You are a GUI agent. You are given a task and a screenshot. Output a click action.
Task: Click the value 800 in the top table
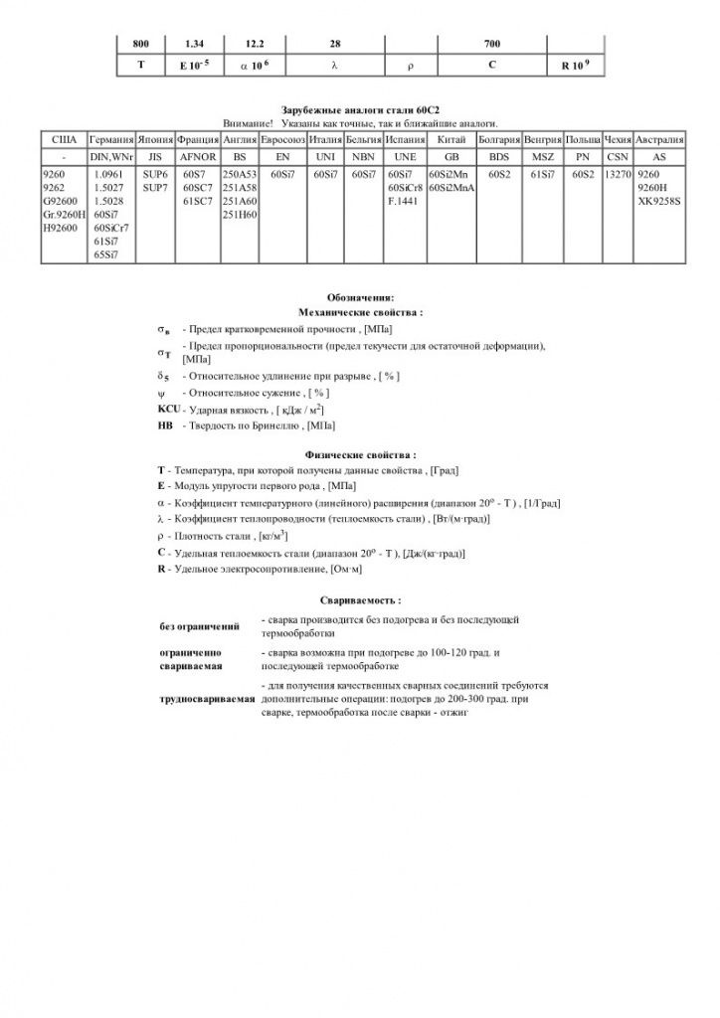(x=140, y=45)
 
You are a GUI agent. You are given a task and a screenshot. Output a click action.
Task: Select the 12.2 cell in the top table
(x=257, y=45)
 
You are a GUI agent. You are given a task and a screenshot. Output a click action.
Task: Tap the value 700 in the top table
(x=492, y=45)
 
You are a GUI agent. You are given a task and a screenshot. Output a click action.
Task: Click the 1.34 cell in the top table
(x=195, y=45)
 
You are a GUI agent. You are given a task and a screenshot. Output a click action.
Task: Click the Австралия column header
(x=657, y=140)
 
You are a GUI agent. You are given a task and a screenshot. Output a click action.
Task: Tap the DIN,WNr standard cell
(x=111, y=156)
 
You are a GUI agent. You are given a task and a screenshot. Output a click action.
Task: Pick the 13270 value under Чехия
(x=618, y=173)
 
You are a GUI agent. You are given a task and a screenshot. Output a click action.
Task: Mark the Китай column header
(x=451, y=140)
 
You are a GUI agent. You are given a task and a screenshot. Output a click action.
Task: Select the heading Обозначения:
(x=360, y=297)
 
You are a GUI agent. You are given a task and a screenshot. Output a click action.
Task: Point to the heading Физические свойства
(x=360, y=454)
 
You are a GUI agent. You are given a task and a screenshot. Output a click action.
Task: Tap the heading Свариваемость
(x=361, y=600)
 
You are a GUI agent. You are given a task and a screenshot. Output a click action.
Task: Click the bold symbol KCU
(x=166, y=410)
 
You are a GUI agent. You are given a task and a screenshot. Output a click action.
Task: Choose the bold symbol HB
(x=165, y=424)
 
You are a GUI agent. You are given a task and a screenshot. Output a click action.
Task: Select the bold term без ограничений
(x=200, y=626)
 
